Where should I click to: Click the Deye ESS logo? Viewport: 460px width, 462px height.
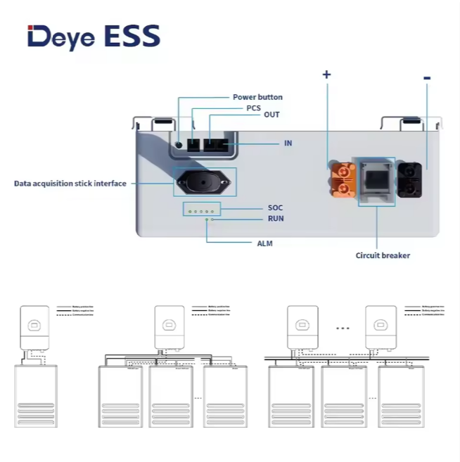coord(94,36)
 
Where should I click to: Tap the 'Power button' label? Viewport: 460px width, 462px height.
coord(257,97)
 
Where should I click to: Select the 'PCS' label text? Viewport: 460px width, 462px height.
coord(253,108)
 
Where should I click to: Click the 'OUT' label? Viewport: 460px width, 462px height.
coord(271,115)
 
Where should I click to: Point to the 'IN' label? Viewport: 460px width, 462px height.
coord(288,143)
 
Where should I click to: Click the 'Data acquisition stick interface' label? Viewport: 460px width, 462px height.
coord(70,184)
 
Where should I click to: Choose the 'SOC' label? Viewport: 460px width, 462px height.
coord(275,208)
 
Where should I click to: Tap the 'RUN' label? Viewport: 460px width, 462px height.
coord(275,219)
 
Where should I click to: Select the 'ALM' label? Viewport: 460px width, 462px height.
coord(264,243)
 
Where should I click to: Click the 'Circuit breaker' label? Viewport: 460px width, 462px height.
coord(382,255)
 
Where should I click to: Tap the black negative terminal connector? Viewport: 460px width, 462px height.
coord(409,179)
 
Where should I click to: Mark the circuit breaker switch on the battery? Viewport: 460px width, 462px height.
coord(376,180)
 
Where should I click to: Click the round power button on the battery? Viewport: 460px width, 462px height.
coord(180,144)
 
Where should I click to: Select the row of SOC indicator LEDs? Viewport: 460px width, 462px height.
coord(202,209)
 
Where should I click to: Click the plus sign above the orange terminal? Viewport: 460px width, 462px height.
coord(326,75)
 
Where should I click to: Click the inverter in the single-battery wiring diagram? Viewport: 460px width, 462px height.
coord(34,328)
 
